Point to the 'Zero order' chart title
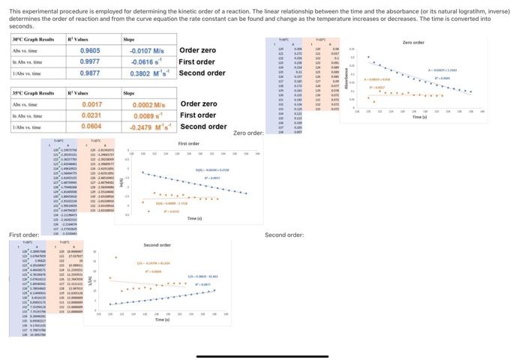(413, 43)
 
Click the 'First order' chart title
(188, 143)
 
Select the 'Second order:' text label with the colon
(283, 235)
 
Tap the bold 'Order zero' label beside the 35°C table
(199, 104)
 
